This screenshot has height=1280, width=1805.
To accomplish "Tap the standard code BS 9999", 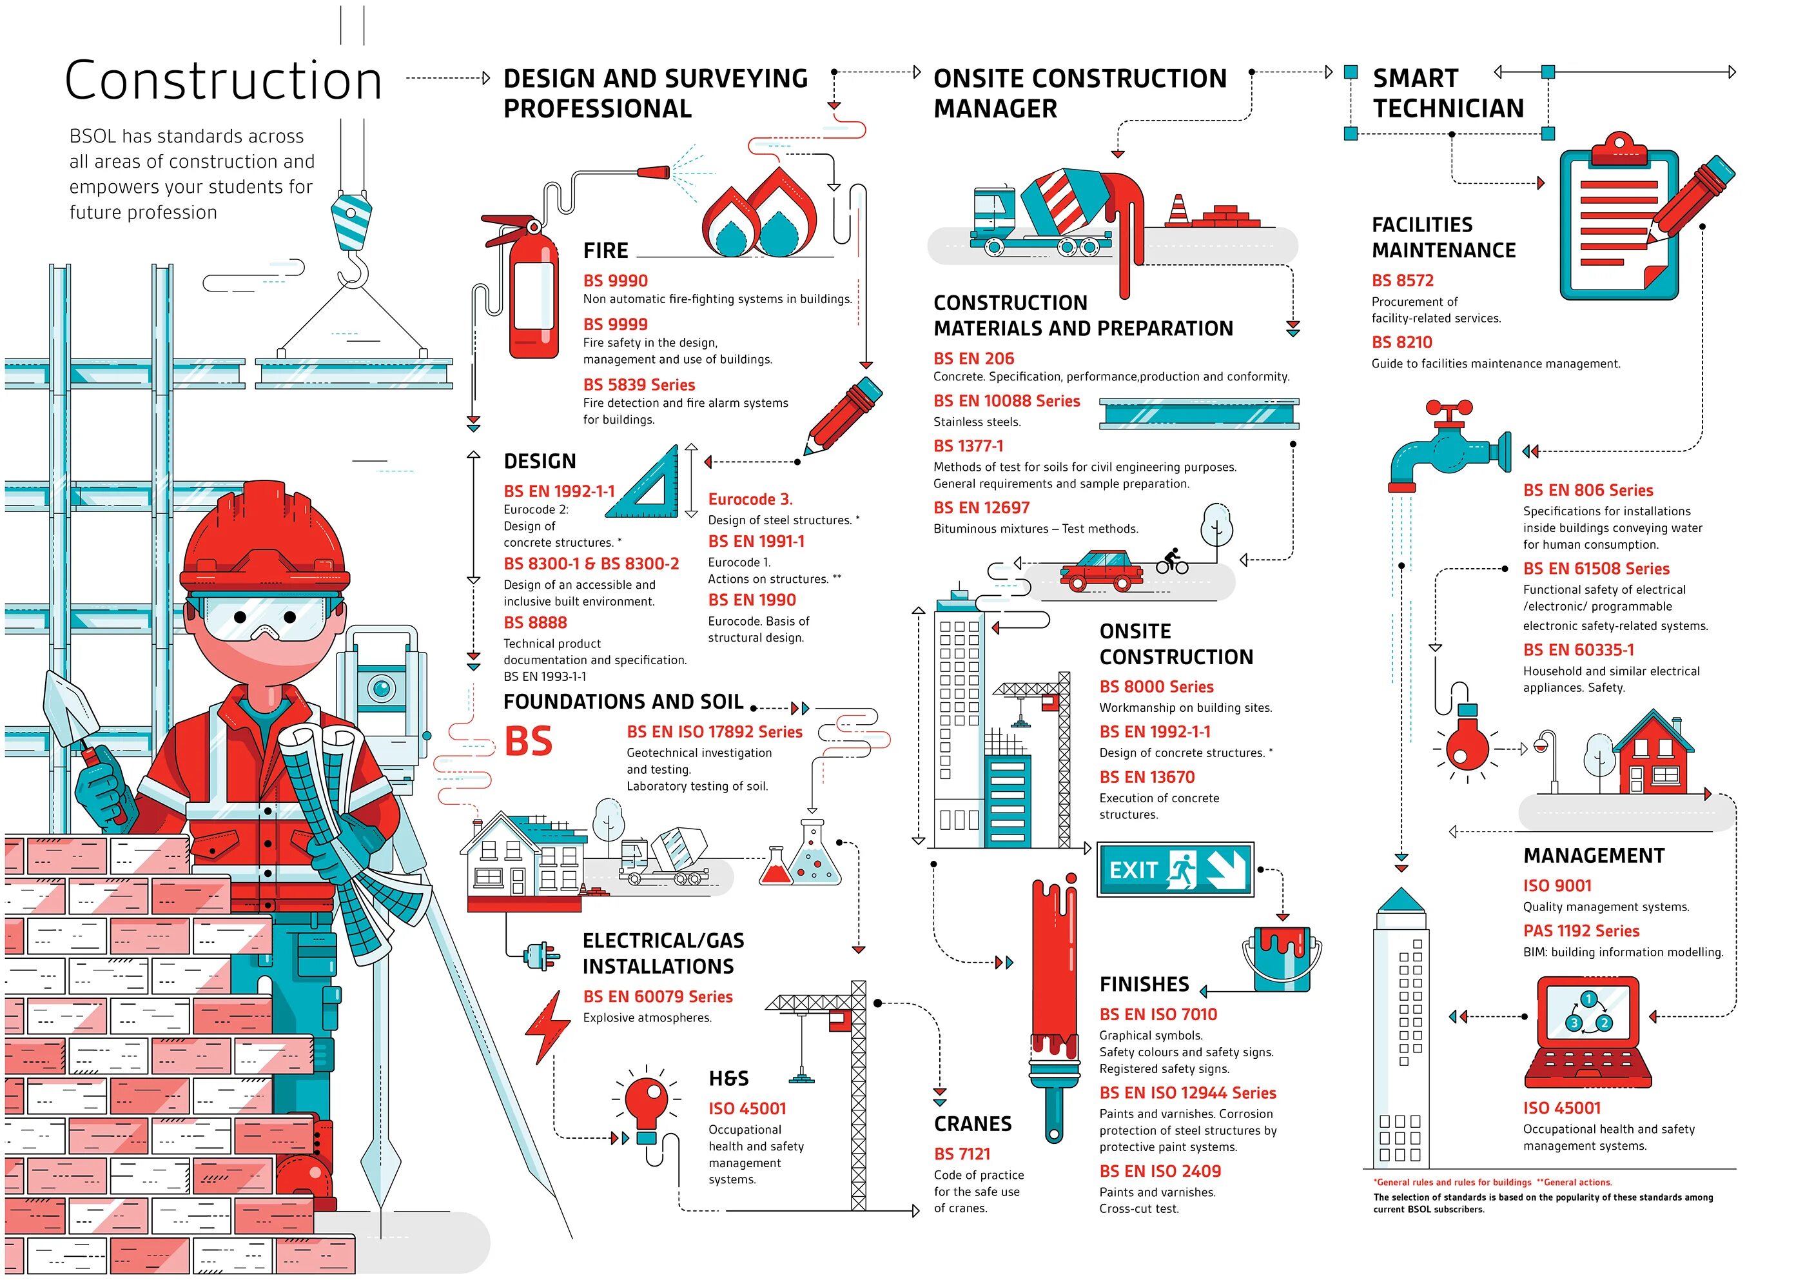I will pyautogui.click(x=616, y=324).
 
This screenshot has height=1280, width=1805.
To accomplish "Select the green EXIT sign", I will pyautogui.click(x=1175, y=869).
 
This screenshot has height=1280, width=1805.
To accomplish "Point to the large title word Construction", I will pyautogui.click(x=223, y=81).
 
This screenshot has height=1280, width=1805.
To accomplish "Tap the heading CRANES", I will pyautogui.click(x=972, y=1123).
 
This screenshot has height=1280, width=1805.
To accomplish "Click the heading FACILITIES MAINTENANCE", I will pyautogui.click(x=1443, y=237).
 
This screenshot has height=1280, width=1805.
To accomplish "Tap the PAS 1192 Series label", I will pyautogui.click(x=1581, y=931).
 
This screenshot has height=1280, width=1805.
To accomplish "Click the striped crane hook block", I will pyautogui.click(x=351, y=223).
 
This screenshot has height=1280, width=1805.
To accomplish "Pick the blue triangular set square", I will pyautogui.click(x=649, y=487).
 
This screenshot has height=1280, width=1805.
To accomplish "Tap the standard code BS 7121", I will pyautogui.click(x=962, y=1154).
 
